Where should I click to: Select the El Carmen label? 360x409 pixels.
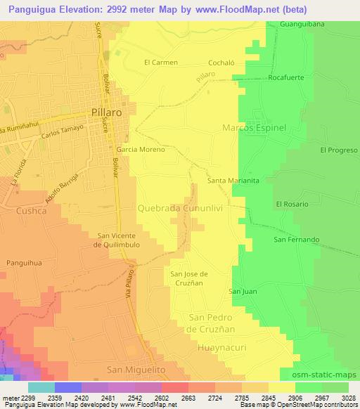(161, 62)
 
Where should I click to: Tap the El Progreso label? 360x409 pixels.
(339, 150)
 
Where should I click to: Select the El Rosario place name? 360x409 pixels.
(293, 204)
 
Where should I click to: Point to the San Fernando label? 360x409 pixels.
(296, 240)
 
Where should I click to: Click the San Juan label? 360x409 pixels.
(241, 291)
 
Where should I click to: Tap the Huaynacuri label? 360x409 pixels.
(214, 345)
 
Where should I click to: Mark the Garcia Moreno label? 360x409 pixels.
(141, 150)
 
